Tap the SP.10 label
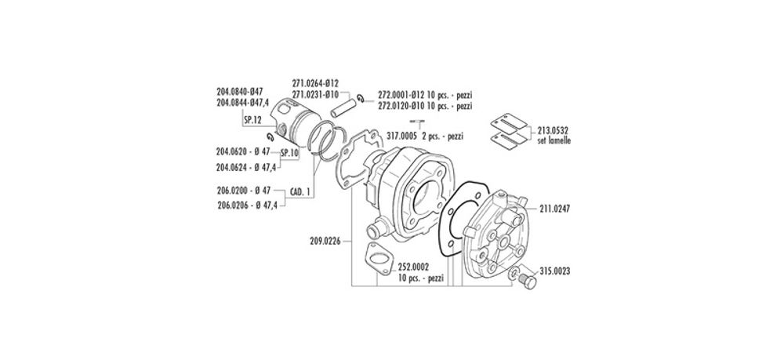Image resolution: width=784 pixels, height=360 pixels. (x=291, y=153)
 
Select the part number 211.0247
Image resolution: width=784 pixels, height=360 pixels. (x=555, y=209)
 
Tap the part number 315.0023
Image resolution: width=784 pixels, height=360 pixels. (x=560, y=271)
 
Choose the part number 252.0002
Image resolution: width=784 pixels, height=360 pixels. (x=414, y=268)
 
